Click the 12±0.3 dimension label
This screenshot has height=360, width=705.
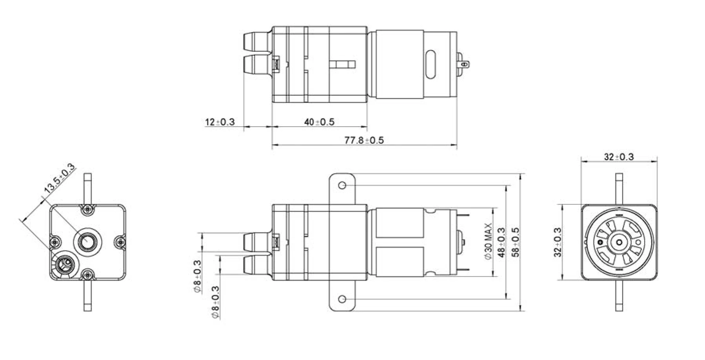[220, 122]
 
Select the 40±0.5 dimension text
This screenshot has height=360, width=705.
[319, 122]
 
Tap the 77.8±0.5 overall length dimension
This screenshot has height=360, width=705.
[364, 140]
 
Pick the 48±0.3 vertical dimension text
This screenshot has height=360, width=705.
[501, 242]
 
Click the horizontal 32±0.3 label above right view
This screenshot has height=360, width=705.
[619, 157]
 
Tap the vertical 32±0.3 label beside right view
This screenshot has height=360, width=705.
[558, 242]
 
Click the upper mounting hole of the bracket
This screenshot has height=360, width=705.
[342, 185]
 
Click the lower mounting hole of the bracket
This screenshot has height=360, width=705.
[342, 300]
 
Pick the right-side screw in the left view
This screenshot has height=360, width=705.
[120, 242]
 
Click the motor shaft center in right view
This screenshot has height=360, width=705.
[619, 242]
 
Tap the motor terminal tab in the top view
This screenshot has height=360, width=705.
[463, 64]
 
